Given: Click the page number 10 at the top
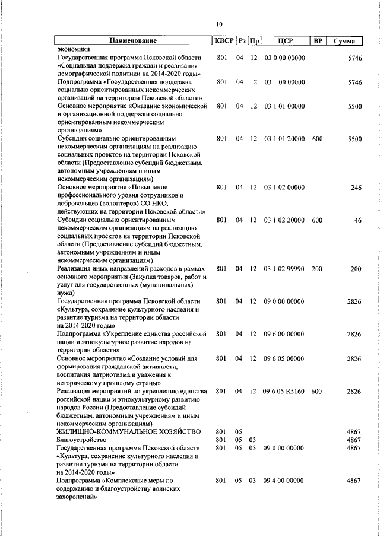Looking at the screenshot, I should (220, 24).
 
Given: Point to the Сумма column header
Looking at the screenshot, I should (344, 41).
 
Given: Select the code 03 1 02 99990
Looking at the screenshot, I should (284, 269).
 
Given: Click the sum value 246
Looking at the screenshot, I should (356, 188).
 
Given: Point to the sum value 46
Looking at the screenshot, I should (357, 220).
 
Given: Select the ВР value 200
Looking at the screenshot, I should (316, 269).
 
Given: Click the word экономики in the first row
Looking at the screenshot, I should (74, 49).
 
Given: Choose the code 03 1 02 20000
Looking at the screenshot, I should (284, 220).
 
